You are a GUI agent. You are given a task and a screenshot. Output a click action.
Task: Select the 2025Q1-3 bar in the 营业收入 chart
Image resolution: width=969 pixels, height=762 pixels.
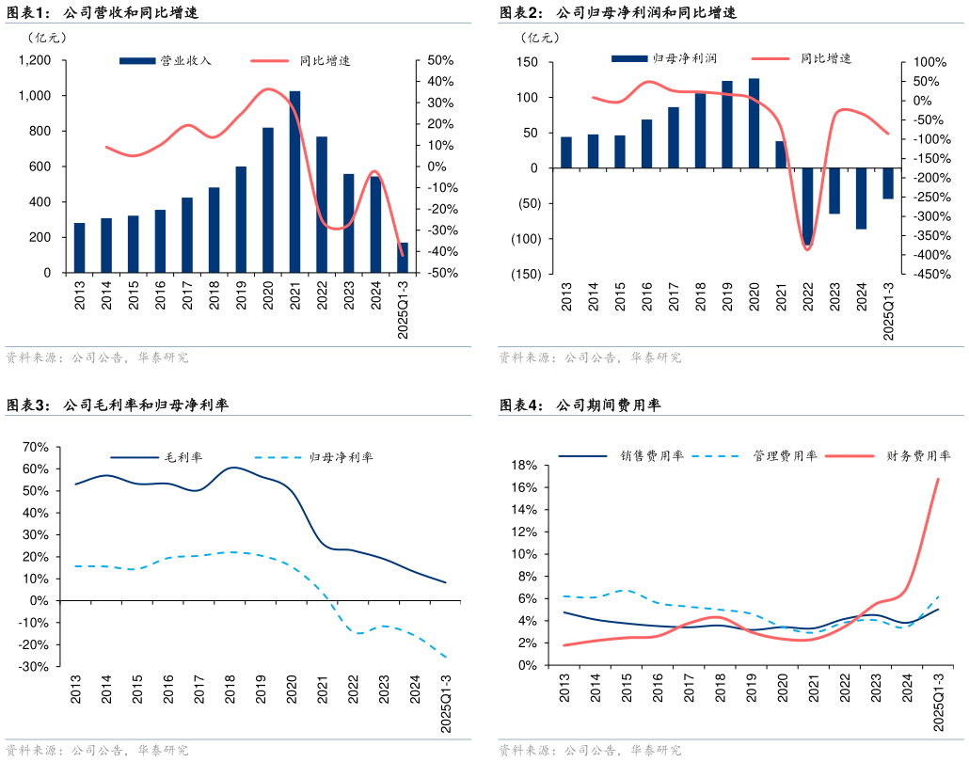tap(403, 258)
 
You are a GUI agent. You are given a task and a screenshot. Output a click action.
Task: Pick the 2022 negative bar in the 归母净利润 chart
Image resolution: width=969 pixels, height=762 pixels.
tap(807, 206)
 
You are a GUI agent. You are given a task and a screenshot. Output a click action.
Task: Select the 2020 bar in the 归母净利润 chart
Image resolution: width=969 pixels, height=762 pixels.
tap(754, 123)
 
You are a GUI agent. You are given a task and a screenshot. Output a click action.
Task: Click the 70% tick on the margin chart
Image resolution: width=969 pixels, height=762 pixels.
tap(35, 447)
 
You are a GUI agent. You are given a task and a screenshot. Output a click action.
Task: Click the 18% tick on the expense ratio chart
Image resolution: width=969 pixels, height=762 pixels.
tap(523, 466)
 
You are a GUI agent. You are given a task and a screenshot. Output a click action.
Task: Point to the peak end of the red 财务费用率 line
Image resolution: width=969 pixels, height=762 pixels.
tap(938, 479)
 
